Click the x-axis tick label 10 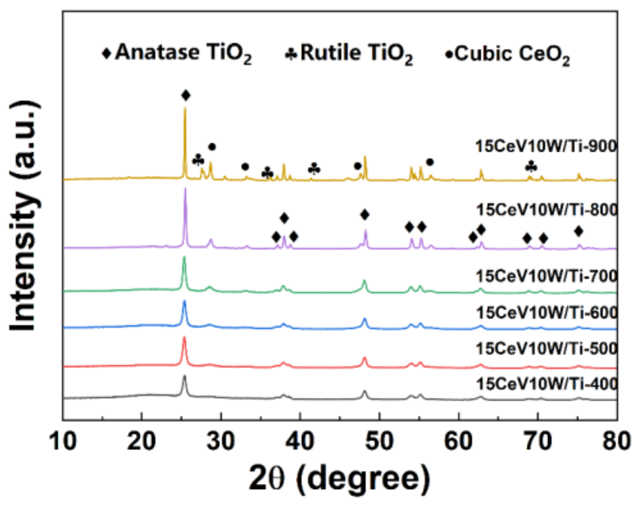(63, 441)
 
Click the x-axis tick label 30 (221, 441)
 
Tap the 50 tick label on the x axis (379, 441)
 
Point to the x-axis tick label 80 (616, 441)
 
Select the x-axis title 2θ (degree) (339, 479)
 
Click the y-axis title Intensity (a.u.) (24, 216)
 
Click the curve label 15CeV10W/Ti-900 (546, 146)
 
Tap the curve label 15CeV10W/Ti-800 (547, 210)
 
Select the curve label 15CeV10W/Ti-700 (547, 276)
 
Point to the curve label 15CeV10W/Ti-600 (547, 313)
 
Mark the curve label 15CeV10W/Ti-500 (547, 349)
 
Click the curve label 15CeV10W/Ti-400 (547, 384)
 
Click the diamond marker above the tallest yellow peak (185, 96)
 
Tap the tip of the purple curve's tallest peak (185, 189)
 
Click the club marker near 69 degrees (531, 167)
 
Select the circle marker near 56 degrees (430, 162)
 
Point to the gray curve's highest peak (184, 376)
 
